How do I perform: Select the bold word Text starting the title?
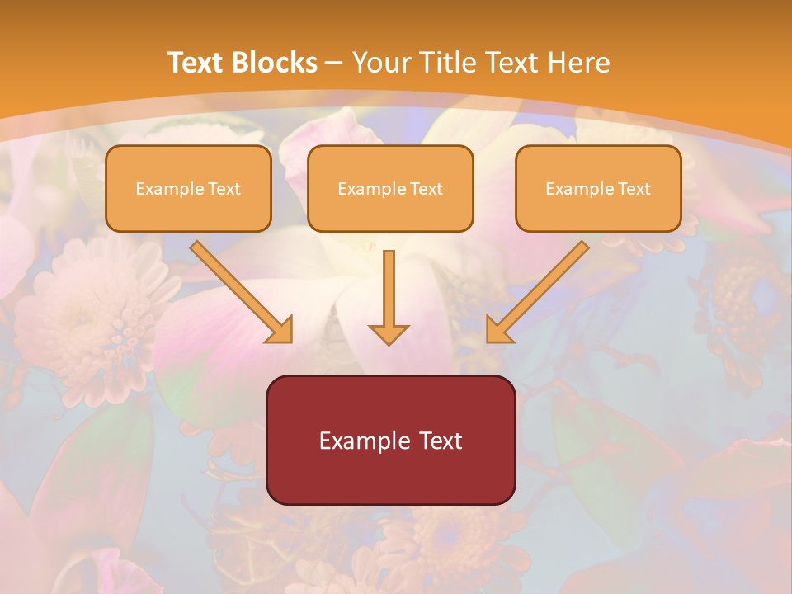(196, 63)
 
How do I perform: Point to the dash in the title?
(334, 63)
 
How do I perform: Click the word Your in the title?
(380, 63)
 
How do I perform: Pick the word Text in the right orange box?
(634, 189)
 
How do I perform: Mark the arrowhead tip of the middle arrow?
(389, 342)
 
